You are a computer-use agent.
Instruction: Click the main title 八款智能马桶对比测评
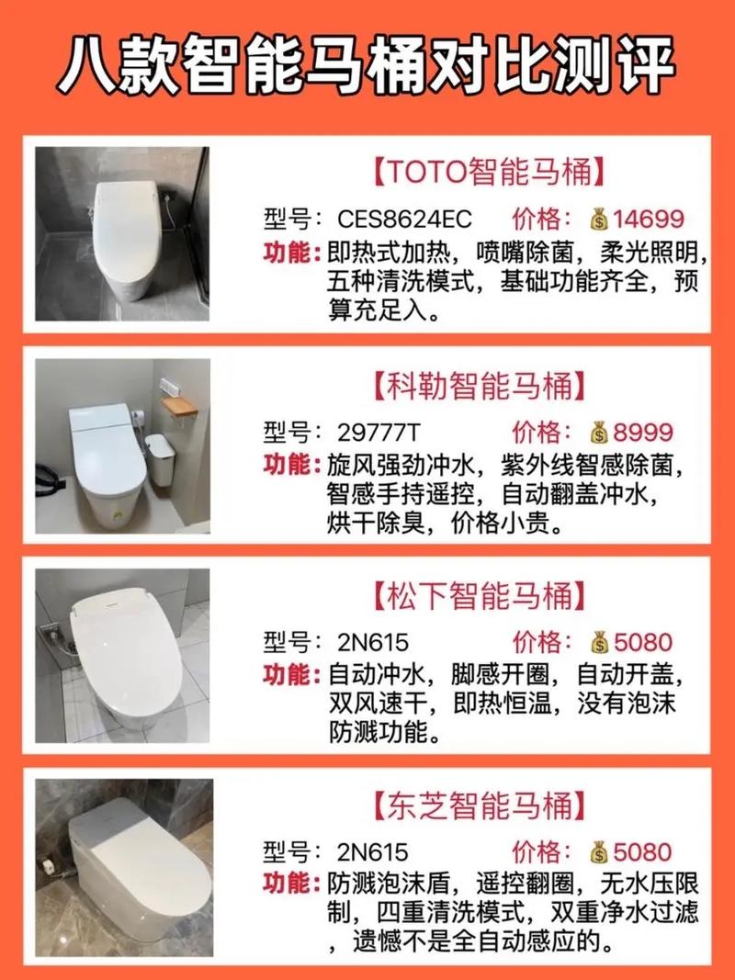pyautogui.click(x=367, y=64)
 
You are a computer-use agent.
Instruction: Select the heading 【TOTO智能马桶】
pyautogui.click(x=489, y=172)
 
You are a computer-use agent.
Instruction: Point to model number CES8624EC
pyautogui.click(x=404, y=220)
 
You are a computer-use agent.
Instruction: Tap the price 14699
pyautogui.click(x=648, y=220)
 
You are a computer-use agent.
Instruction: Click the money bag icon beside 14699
pyautogui.click(x=599, y=220)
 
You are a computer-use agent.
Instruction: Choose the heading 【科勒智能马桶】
pyautogui.click(x=480, y=385)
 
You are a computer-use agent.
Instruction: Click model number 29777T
pyautogui.click(x=379, y=433)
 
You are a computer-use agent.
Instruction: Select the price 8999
pyautogui.click(x=642, y=433)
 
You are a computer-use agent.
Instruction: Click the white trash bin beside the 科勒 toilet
pyautogui.click(x=160, y=460)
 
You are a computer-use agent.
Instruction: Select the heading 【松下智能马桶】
pyautogui.click(x=480, y=596)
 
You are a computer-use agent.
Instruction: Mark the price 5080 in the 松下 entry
pyautogui.click(x=642, y=643)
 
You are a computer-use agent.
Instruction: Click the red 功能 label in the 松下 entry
pyautogui.click(x=286, y=675)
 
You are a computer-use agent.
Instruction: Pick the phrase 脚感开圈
pyautogui.click(x=500, y=675)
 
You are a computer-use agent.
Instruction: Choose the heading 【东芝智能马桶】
pyautogui.click(x=480, y=805)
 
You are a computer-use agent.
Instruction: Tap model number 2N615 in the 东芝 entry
pyautogui.click(x=372, y=852)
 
